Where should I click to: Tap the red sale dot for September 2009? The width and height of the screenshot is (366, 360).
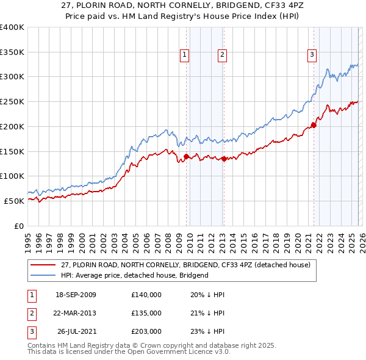coord(186,156)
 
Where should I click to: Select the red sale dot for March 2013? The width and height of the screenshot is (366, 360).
coord(223,159)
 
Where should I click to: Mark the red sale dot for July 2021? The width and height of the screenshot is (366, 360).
coord(314,125)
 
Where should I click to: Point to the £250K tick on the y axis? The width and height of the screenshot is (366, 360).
coord(12,101)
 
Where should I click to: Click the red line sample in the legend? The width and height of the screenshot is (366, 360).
coord(43,265)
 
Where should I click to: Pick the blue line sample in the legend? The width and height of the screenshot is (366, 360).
coord(43,275)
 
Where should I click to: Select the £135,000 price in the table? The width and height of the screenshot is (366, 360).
coord(146,313)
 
